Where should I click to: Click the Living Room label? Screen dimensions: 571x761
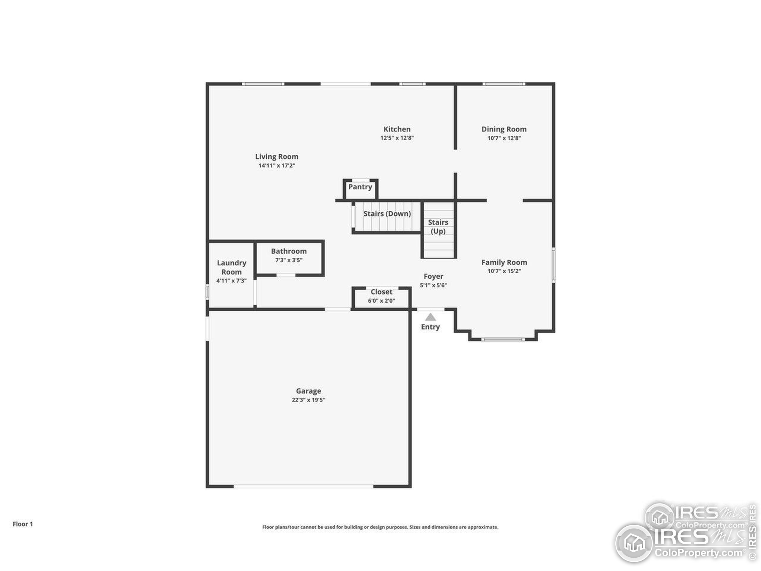276,157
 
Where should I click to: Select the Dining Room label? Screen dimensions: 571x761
504,129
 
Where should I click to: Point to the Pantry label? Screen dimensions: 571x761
360,187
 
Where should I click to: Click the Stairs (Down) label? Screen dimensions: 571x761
387,214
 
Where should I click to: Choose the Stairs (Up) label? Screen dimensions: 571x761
438,227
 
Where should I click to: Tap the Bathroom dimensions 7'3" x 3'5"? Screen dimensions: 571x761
289,260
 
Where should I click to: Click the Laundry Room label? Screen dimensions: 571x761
232,267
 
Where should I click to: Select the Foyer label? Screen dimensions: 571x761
433,276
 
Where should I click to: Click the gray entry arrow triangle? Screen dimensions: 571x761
430,317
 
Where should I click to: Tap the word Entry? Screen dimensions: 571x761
430,327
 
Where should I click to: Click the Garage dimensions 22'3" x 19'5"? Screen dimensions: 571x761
308,400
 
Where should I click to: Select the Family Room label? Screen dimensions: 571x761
504,262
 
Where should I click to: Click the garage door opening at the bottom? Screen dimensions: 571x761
304,486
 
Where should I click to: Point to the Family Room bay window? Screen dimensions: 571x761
503,339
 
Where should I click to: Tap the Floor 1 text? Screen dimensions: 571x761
23,524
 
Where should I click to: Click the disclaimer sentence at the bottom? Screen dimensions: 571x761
380,527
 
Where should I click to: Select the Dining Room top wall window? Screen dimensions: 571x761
504,84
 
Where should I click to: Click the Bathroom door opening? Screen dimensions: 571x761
286,275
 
